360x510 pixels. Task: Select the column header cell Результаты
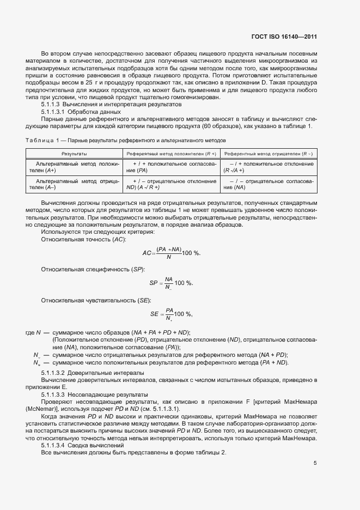[x=74, y=154]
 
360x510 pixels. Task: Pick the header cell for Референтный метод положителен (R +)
[x=171, y=154]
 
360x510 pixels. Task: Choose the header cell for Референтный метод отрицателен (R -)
[x=269, y=154]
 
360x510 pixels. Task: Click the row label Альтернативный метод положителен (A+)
[x=74, y=167]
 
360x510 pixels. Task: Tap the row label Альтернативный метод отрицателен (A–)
[x=74, y=184]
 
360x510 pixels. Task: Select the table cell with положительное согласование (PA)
[x=171, y=167]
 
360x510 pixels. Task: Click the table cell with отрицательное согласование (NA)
[x=269, y=184]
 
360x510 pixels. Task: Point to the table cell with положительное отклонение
[x=269, y=167]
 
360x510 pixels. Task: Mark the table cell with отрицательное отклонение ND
[x=171, y=184]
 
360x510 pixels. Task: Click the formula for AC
[x=171, y=253]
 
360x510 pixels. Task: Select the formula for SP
[x=171, y=283]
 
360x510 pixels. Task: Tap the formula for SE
[x=172, y=314]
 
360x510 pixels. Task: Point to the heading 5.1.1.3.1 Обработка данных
[x=81, y=112]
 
